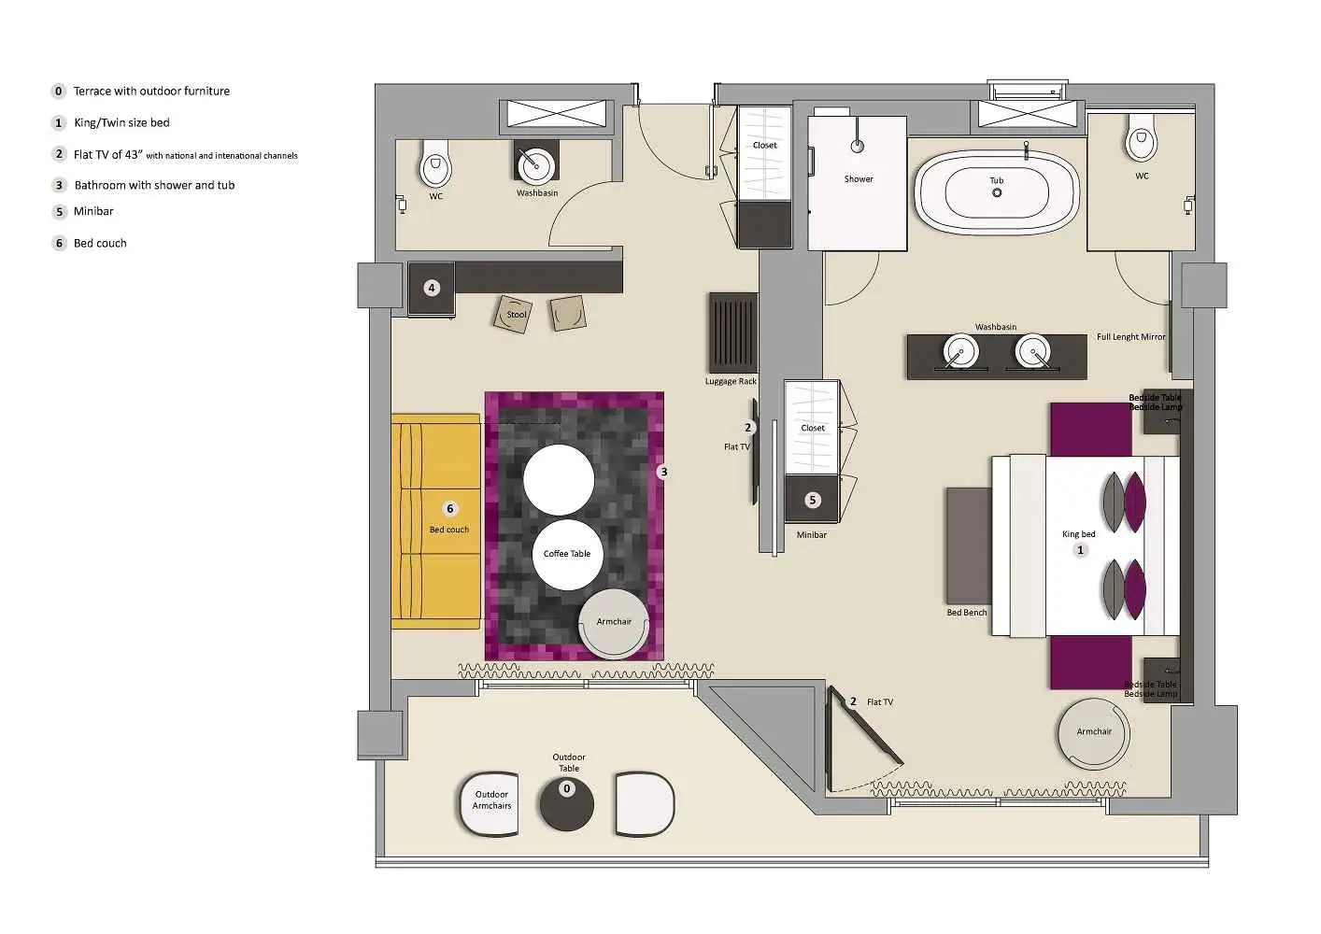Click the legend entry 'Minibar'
(93, 211)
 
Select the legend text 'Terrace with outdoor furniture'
(151, 92)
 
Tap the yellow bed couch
(435, 521)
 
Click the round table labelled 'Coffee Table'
(567, 554)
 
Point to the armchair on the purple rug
(614, 623)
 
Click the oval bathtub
(997, 191)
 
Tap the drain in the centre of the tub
(997, 193)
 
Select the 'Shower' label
(859, 179)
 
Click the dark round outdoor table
(566, 802)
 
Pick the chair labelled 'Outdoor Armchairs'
(490, 801)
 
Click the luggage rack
(732, 333)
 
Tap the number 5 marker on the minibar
(812, 501)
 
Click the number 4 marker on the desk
(432, 288)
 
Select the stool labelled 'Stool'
(515, 314)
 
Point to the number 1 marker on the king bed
(1081, 551)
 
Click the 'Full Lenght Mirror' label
(1130, 337)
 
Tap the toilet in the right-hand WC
(1141, 143)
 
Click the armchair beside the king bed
(1093, 733)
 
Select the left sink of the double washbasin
(959, 352)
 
